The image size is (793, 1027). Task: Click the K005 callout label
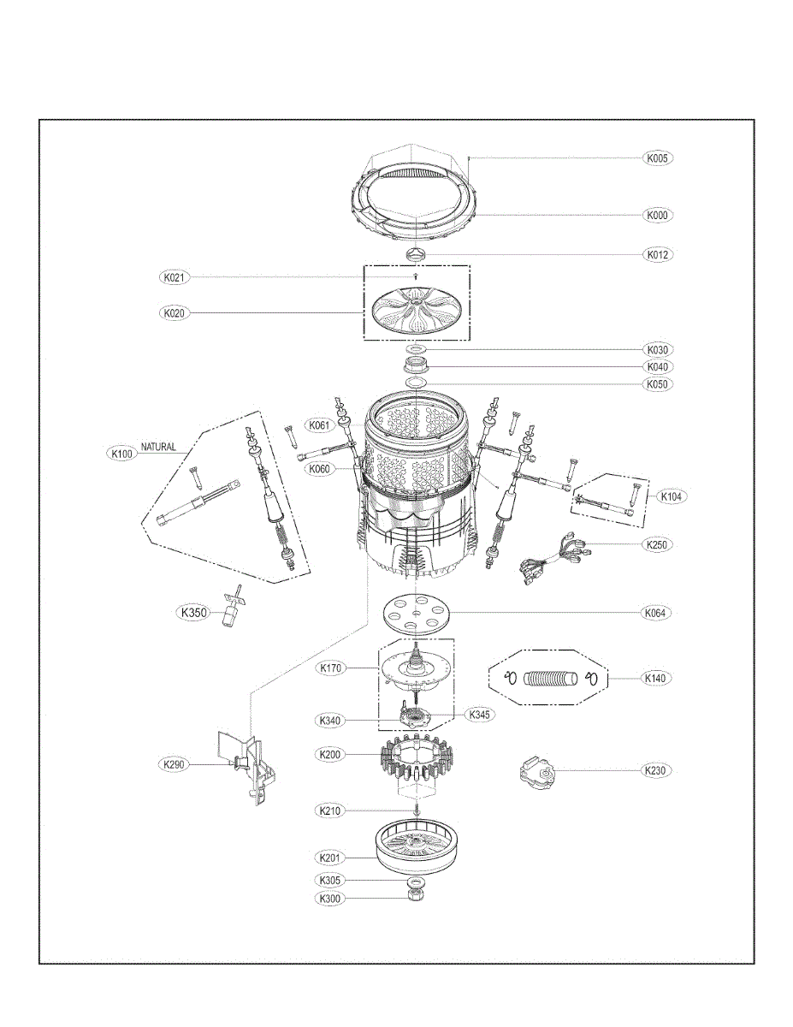point(658,157)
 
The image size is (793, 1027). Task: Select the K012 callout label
point(658,254)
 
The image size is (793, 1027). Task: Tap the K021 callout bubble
point(175,277)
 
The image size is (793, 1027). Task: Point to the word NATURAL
point(158,446)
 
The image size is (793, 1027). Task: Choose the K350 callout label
point(193,613)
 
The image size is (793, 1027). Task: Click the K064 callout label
point(656,613)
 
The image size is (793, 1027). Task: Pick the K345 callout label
point(479,714)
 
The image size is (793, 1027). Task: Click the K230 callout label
point(656,770)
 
